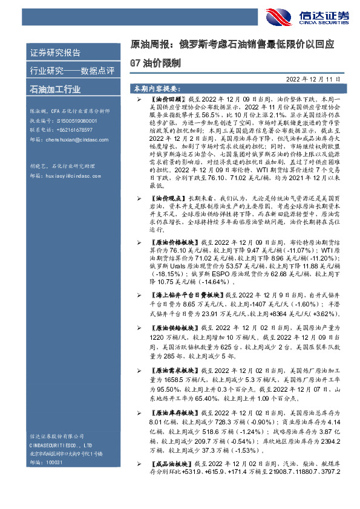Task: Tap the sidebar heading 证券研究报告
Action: (55, 53)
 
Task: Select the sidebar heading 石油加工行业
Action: (55, 89)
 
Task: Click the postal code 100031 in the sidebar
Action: (54, 461)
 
